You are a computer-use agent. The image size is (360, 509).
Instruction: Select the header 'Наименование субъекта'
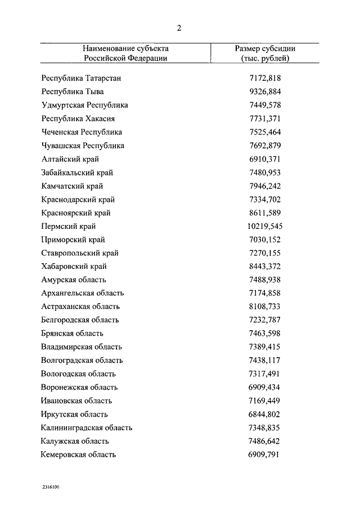[125, 48]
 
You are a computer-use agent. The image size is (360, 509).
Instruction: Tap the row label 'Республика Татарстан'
[81, 78]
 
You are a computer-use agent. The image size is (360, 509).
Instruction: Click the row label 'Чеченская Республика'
[82, 132]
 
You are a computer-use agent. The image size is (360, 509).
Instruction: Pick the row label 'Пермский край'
[69, 227]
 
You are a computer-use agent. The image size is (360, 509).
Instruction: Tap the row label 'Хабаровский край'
[74, 267]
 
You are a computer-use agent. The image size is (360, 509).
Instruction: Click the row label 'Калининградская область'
[87, 428]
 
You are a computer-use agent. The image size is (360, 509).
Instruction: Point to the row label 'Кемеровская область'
[79, 454]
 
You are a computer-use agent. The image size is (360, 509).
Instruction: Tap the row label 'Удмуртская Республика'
[84, 105]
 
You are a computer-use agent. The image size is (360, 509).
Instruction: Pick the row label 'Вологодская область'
[78, 374]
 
